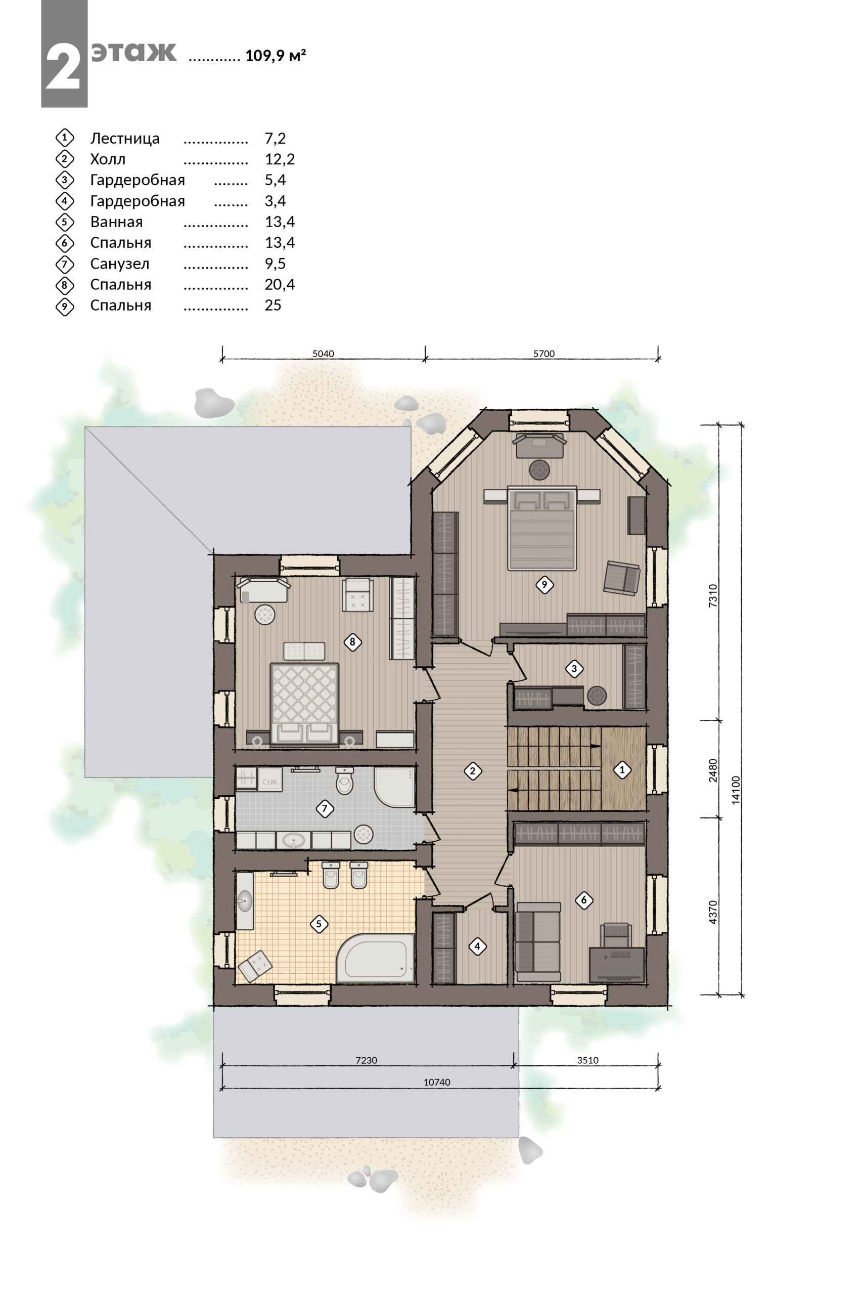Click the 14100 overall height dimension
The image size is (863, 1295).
(736, 790)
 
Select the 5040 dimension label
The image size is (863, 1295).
(323, 354)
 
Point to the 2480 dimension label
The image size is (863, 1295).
(713, 770)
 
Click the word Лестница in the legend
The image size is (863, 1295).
(125, 138)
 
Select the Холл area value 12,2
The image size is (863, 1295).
(280, 159)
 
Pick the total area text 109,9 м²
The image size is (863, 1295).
(275, 56)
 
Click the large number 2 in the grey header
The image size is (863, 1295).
(63, 67)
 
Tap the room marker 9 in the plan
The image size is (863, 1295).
(544, 585)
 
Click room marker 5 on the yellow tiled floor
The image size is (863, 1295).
(319, 924)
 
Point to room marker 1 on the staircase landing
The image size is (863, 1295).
(622, 770)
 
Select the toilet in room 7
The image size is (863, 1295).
(344, 780)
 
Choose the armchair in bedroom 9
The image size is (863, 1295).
(622, 578)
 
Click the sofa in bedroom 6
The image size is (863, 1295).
(538, 941)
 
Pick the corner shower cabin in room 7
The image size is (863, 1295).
(394, 787)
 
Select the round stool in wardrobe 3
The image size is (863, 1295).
(597, 696)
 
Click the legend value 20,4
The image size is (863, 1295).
(280, 285)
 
